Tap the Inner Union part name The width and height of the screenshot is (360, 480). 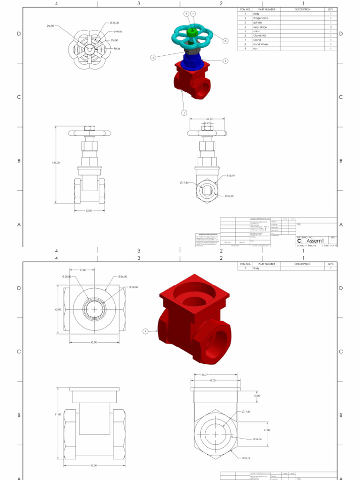click(260, 27)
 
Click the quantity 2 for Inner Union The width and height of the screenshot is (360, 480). click(330, 27)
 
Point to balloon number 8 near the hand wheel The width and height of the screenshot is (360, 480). click(225, 41)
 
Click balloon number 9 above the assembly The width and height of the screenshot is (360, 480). click(186, 14)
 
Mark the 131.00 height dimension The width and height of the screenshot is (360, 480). click(55, 163)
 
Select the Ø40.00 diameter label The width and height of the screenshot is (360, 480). click(118, 31)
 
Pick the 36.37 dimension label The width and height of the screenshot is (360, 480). click(204, 375)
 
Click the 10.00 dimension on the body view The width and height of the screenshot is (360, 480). click(256, 396)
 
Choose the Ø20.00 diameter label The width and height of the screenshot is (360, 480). click(66, 277)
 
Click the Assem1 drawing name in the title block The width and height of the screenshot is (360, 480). click(315, 241)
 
